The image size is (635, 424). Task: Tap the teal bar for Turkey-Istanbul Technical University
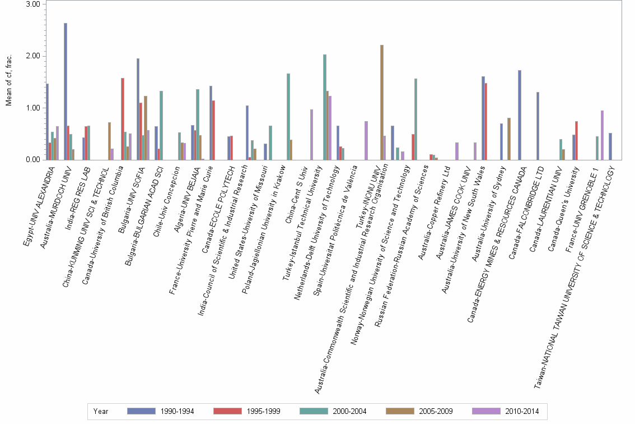(325, 107)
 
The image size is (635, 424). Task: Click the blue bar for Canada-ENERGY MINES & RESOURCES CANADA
(520, 115)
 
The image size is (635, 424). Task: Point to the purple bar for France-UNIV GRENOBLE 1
(602, 135)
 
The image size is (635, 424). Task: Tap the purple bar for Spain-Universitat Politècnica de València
(366, 140)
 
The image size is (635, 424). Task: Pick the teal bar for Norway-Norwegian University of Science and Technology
(415, 119)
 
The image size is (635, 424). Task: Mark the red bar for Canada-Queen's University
(577, 140)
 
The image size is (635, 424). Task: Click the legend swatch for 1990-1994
(141, 411)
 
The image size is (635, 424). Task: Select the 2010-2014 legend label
(521, 411)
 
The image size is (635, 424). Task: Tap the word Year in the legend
(101, 411)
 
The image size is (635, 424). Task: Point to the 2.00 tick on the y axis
(33, 56)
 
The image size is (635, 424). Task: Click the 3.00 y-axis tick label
(33, 4)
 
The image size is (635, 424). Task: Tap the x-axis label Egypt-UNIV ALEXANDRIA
(39, 205)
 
